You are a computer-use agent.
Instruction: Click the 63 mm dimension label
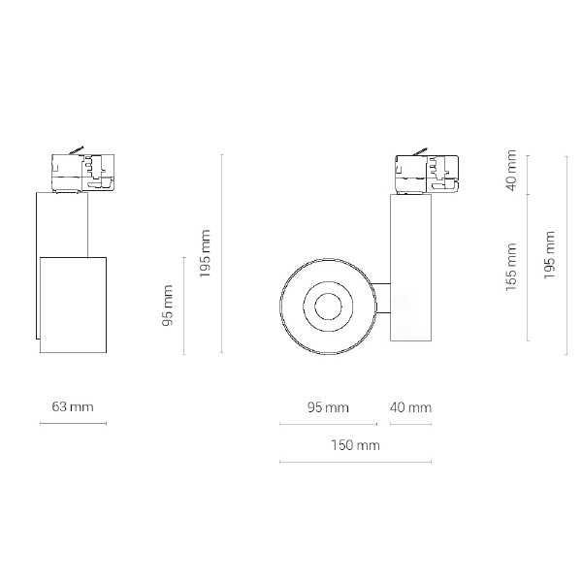(x=73, y=406)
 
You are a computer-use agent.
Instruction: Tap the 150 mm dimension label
(x=356, y=445)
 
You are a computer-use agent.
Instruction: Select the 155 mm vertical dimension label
(x=511, y=267)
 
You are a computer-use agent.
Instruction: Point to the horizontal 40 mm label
(x=410, y=407)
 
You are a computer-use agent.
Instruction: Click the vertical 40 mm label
(x=511, y=171)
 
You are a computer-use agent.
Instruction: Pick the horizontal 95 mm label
(x=328, y=407)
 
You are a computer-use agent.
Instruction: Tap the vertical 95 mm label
(x=168, y=306)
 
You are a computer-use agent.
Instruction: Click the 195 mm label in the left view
(x=205, y=253)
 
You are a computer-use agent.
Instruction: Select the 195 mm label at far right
(x=549, y=255)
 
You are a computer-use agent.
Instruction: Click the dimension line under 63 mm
(x=73, y=423)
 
